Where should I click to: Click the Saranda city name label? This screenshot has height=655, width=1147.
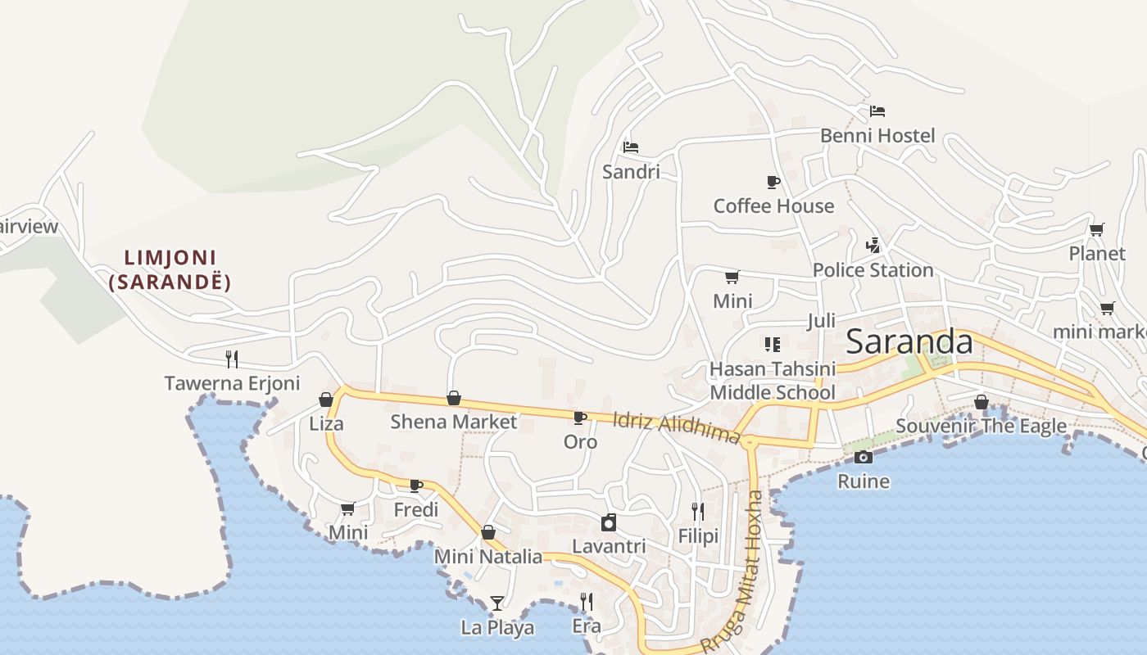coord(909,341)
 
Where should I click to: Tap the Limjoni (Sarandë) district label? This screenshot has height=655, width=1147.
coord(170,270)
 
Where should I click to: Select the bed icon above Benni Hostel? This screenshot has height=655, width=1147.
coord(877,111)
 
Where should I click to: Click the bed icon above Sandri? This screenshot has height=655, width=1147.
coord(630,147)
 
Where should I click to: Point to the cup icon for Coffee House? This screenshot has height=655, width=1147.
coord(773,182)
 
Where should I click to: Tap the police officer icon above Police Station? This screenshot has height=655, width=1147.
coord(873,245)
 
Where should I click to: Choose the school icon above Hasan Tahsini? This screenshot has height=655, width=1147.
coord(772,344)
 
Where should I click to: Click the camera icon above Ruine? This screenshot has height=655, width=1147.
coord(863,457)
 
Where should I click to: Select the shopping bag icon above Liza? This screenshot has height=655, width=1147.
coord(326,400)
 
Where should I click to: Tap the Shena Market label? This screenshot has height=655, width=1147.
coord(453,422)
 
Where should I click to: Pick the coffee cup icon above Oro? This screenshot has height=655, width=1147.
coord(580,418)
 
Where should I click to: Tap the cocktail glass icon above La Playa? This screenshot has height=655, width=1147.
coord(497,603)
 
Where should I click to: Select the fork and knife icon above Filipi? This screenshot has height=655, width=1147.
coord(697,512)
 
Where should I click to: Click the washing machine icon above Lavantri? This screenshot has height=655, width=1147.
coord(608,522)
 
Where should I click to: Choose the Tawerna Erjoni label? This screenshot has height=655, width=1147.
coord(232,383)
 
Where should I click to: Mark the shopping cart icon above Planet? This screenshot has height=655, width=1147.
coord(1096,229)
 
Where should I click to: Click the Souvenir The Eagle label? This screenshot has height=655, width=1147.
coord(981,426)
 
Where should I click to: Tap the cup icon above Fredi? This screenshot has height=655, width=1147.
coord(416,486)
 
